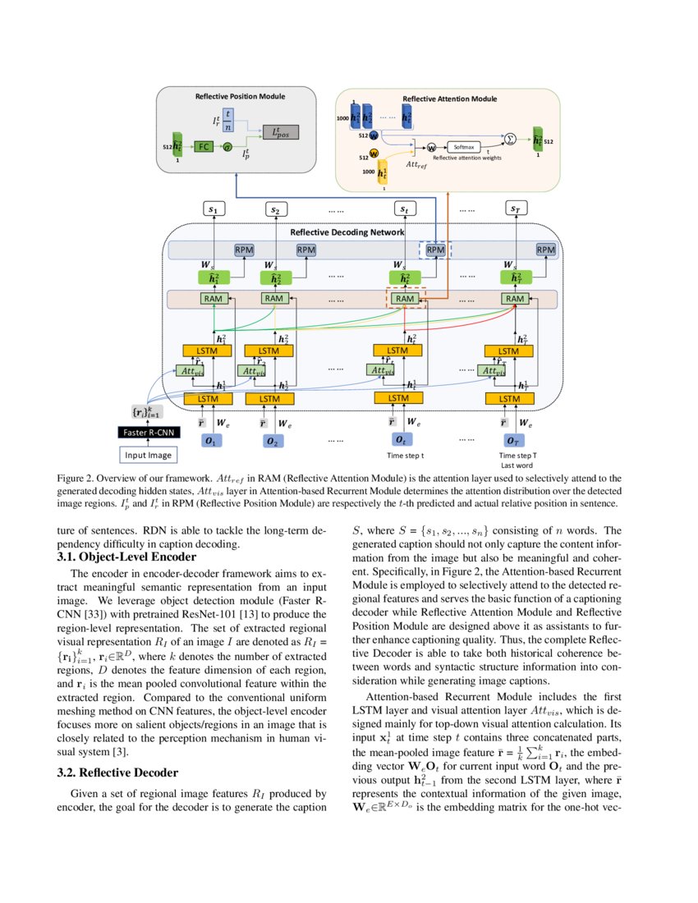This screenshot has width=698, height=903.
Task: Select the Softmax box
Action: tap(464, 146)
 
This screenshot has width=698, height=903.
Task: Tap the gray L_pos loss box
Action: tap(280, 132)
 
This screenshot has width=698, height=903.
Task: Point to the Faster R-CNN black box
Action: tap(149, 433)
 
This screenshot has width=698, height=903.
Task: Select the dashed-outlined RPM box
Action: tap(435, 249)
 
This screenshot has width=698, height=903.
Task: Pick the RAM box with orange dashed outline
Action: tap(405, 299)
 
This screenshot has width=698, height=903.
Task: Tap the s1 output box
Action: tap(214, 210)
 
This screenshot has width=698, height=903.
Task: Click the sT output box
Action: tap(515, 210)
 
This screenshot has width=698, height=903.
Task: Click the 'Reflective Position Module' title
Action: tap(240, 96)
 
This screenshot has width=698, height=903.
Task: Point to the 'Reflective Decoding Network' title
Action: tap(347, 232)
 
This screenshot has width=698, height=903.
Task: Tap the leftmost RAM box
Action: tap(214, 299)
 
